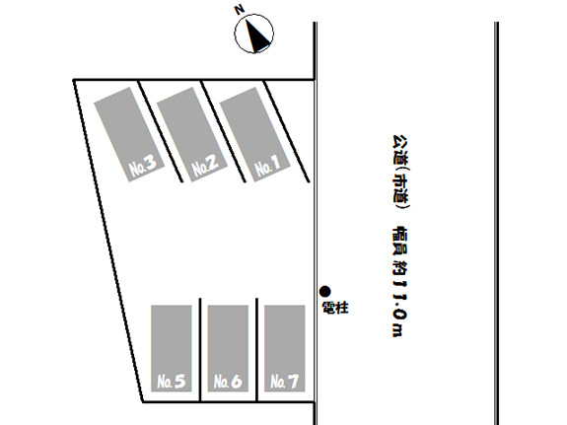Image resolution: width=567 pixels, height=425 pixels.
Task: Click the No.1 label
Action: point(267,167)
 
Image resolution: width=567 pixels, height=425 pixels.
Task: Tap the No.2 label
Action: point(205,167)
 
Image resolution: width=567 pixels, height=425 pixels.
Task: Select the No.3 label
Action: point(143,167)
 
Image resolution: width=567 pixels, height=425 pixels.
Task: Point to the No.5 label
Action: point(172,382)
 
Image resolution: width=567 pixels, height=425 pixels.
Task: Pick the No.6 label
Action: point(228,382)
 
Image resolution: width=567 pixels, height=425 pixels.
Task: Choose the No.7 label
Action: point(285,382)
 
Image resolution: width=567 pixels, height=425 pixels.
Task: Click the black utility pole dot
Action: point(325,291)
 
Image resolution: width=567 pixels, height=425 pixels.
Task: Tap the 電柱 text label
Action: point(335,308)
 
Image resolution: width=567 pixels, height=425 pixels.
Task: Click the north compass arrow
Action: point(257,35)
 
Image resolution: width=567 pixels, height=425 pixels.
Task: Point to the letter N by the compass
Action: point(240,10)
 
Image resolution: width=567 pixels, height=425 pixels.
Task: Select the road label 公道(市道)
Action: point(400,173)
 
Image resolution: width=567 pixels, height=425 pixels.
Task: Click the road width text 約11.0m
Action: point(400,299)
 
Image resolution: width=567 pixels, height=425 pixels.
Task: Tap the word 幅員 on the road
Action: point(400,241)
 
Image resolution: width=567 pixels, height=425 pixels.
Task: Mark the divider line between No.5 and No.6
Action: point(200,350)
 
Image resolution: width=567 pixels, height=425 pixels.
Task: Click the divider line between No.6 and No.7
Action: point(256,350)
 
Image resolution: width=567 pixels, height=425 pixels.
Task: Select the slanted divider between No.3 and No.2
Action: point(161,131)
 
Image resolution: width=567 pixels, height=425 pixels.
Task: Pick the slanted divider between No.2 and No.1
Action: point(224,131)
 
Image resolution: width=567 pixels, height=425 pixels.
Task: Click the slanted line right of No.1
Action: point(286,131)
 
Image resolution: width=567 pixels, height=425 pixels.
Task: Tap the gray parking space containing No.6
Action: point(228,348)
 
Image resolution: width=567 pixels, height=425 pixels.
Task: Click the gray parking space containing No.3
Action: point(129,134)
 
